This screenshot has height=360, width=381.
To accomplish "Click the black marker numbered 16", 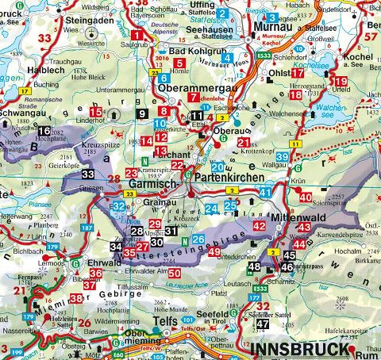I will pyautogui.click(x=44, y=131).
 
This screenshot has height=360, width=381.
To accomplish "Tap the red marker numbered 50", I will pyautogui.click(x=174, y=274).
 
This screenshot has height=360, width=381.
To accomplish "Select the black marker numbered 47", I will pyautogui.click(x=263, y=323).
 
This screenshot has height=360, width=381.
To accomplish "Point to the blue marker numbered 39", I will pyautogui.click(x=283, y=159).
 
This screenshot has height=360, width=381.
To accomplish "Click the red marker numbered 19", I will pyautogui.click(x=341, y=82).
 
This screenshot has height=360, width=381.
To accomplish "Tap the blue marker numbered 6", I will pyautogui.click(x=164, y=79).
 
